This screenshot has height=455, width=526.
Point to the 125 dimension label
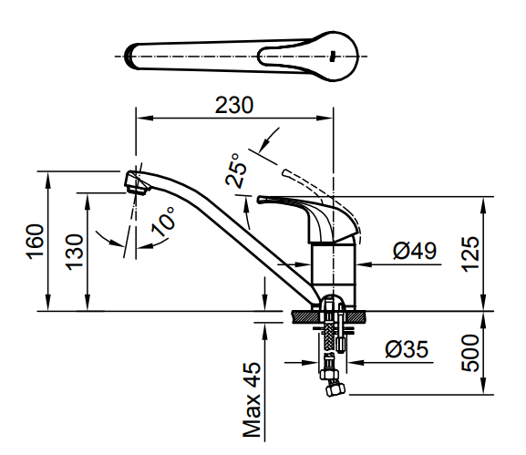(469, 253)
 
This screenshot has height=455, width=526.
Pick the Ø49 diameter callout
(414, 251)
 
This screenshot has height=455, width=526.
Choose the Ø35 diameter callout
(405, 347)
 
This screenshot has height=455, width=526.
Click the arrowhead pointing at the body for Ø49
(361, 264)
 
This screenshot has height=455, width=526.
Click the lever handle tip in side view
(261, 199)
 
